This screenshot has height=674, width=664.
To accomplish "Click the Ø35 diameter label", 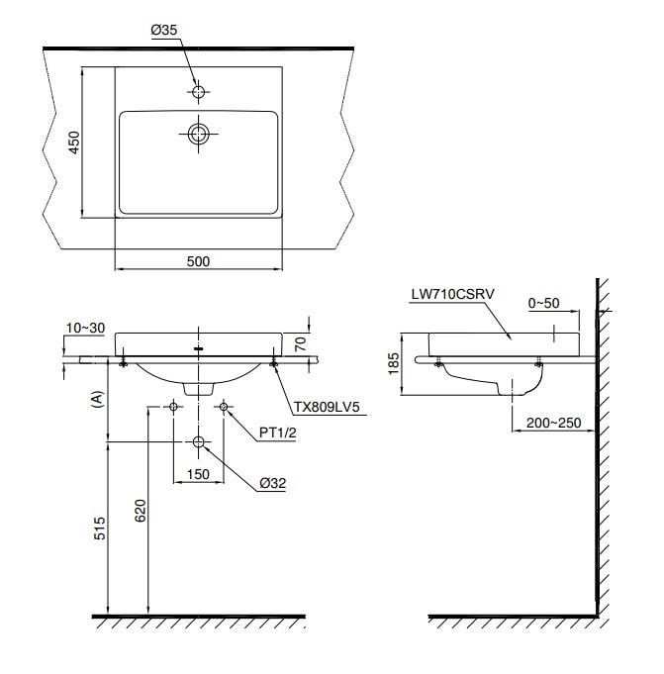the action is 163,30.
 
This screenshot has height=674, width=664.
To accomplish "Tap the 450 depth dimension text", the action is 74,143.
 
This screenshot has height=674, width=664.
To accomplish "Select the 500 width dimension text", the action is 198,261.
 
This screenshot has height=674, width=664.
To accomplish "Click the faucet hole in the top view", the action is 198,92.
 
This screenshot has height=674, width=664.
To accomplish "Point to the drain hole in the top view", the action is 198,134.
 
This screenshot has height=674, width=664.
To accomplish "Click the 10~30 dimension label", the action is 85,328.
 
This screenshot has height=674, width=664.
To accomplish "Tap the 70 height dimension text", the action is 301,343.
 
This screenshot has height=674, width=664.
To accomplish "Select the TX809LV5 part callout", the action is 327,407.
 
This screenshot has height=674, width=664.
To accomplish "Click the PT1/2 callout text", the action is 278,433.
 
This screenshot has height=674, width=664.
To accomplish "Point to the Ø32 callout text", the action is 272,483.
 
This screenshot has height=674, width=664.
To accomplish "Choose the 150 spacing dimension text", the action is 198,474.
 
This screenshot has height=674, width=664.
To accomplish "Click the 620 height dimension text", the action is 141,511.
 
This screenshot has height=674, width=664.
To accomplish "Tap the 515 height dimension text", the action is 100,529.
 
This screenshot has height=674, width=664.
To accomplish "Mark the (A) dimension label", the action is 98,399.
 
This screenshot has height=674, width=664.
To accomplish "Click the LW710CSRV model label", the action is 453,294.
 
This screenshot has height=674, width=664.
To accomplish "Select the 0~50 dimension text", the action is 543,303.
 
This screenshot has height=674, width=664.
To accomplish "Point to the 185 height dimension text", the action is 394,363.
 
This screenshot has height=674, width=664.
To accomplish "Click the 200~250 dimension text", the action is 553,423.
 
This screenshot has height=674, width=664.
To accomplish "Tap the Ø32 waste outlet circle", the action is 198,441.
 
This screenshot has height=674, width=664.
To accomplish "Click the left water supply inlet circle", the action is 173,406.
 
